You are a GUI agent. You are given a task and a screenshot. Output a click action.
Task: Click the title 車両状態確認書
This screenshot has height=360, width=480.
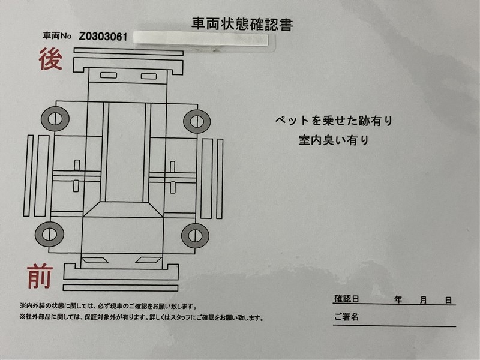(x=242, y=24)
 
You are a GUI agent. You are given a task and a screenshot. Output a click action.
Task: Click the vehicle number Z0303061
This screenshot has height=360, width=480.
(x=103, y=37)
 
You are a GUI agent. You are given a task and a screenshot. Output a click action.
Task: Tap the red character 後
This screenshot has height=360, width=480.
(x=50, y=58)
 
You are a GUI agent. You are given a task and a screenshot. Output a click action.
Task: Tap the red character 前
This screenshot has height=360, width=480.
(x=40, y=277)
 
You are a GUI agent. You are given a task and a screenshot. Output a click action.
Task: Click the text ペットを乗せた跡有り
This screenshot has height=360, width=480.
(x=334, y=121)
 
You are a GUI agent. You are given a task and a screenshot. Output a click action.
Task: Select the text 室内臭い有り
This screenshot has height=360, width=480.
(x=334, y=140)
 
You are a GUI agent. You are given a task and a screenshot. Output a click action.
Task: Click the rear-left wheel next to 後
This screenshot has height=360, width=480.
(x=55, y=119)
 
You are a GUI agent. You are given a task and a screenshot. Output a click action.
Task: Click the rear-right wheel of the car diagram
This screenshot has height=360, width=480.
(x=197, y=121)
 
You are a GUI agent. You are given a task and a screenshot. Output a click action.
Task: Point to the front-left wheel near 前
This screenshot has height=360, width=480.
(x=49, y=235)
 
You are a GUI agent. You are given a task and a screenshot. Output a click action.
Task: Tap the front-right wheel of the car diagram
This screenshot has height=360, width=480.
(x=196, y=236)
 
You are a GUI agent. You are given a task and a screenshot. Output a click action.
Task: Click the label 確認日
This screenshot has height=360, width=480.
(x=346, y=299)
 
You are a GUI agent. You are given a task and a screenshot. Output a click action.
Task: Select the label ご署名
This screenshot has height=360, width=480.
(x=346, y=317)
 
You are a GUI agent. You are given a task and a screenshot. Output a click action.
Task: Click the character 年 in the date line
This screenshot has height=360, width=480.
(x=398, y=299)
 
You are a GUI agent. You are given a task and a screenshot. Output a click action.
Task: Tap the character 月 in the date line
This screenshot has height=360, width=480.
(x=424, y=300)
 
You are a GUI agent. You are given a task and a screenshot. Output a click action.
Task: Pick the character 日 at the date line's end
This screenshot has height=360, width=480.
(x=448, y=301)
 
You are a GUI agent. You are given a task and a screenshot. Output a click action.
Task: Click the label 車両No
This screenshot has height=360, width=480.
(x=57, y=36)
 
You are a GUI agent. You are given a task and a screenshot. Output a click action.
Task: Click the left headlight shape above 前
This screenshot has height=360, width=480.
(x=95, y=260)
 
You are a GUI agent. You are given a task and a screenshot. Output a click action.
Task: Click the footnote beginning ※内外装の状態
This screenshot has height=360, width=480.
(x=109, y=306)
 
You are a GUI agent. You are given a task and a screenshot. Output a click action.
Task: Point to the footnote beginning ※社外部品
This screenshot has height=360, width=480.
(x=142, y=317)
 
